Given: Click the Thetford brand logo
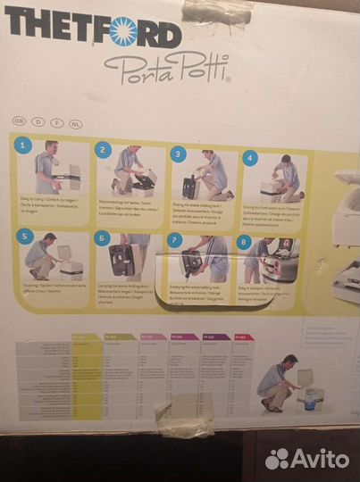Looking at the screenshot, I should (93, 33).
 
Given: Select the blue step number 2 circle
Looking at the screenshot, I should (104, 150).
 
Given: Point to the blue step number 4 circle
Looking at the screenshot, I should (250, 157).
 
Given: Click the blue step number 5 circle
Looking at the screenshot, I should (25, 237).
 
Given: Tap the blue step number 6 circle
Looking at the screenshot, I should (102, 238).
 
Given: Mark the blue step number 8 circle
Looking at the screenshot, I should (244, 242).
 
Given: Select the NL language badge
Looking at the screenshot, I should (76, 120).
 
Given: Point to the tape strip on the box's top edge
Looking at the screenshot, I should (216, 11).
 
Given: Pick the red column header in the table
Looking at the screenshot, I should (244, 337).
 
